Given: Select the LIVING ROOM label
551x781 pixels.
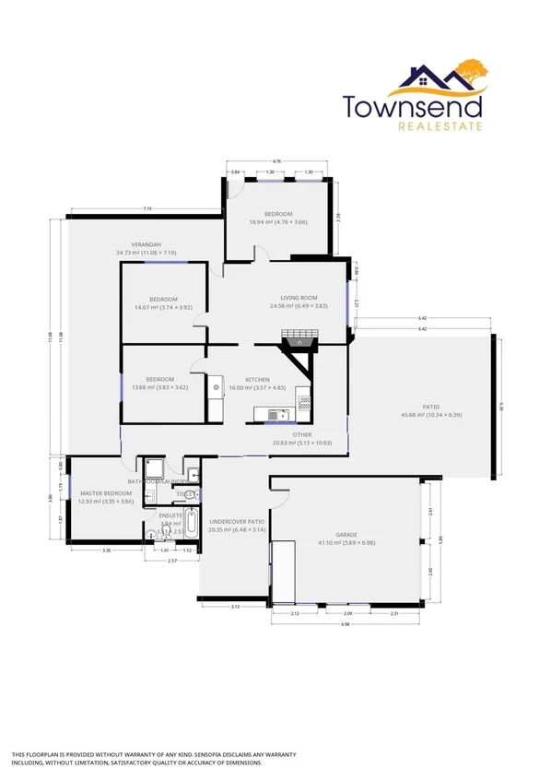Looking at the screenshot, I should coord(299,298).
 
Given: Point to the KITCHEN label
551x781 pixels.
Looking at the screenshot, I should coord(257,380).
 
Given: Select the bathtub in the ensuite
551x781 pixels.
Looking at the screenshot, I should coord(191,523).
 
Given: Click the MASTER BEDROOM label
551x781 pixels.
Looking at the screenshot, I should coord(100,493).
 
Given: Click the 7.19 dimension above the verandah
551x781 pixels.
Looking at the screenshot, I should coord(146,209).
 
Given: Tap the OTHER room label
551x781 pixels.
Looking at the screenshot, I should coord(302,434).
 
